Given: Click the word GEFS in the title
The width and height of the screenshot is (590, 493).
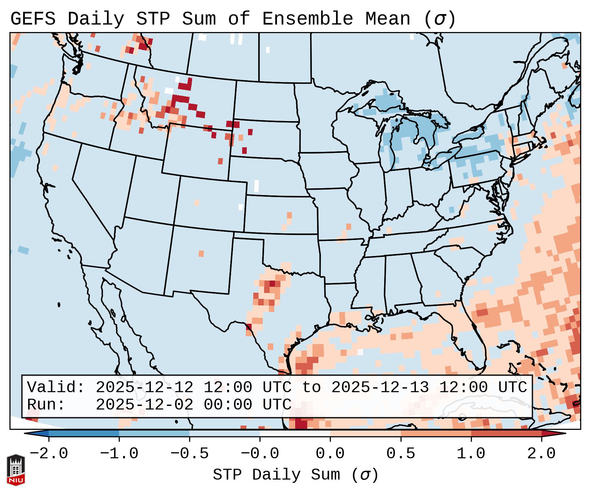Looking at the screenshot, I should click(x=33, y=19).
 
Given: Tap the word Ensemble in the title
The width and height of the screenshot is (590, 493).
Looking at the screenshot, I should click(x=307, y=19).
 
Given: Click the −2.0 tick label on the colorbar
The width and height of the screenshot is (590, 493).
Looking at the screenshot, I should click(x=49, y=454).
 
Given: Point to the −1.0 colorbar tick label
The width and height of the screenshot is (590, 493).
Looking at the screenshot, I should click(x=119, y=454).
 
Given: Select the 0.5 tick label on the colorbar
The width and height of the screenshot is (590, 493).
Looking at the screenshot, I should click(x=401, y=454).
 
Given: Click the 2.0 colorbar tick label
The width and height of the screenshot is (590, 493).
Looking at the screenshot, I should click(x=541, y=454).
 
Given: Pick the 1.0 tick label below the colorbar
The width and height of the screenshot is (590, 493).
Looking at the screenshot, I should click(x=471, y=454).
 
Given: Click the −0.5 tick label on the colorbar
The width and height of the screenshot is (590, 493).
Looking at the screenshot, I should click(x=189, y=454).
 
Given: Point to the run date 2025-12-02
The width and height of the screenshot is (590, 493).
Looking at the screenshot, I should click(x=144, y=405).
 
